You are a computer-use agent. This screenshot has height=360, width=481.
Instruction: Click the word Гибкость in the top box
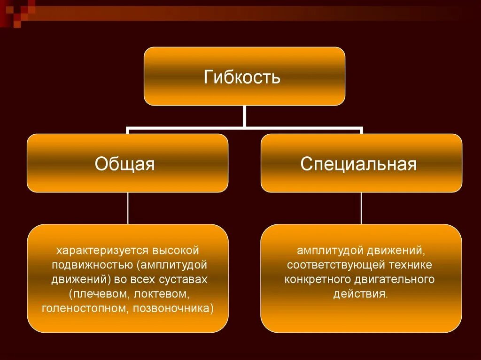point(242,77)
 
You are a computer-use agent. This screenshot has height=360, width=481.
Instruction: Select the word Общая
point(124,164)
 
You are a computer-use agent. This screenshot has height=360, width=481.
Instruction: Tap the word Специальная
point(359,164)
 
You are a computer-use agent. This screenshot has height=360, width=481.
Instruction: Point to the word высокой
point(176,250)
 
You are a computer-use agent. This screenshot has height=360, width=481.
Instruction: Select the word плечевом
point(100,294)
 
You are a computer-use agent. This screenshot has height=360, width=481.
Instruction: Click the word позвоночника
point(173,308)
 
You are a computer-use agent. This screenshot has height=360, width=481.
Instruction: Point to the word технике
point(411,265)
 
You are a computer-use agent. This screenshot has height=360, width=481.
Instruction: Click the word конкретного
point(316,279)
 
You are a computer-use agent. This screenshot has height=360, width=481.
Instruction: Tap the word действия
point(360,294)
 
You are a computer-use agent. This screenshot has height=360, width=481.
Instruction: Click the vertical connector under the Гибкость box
point(244,116)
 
